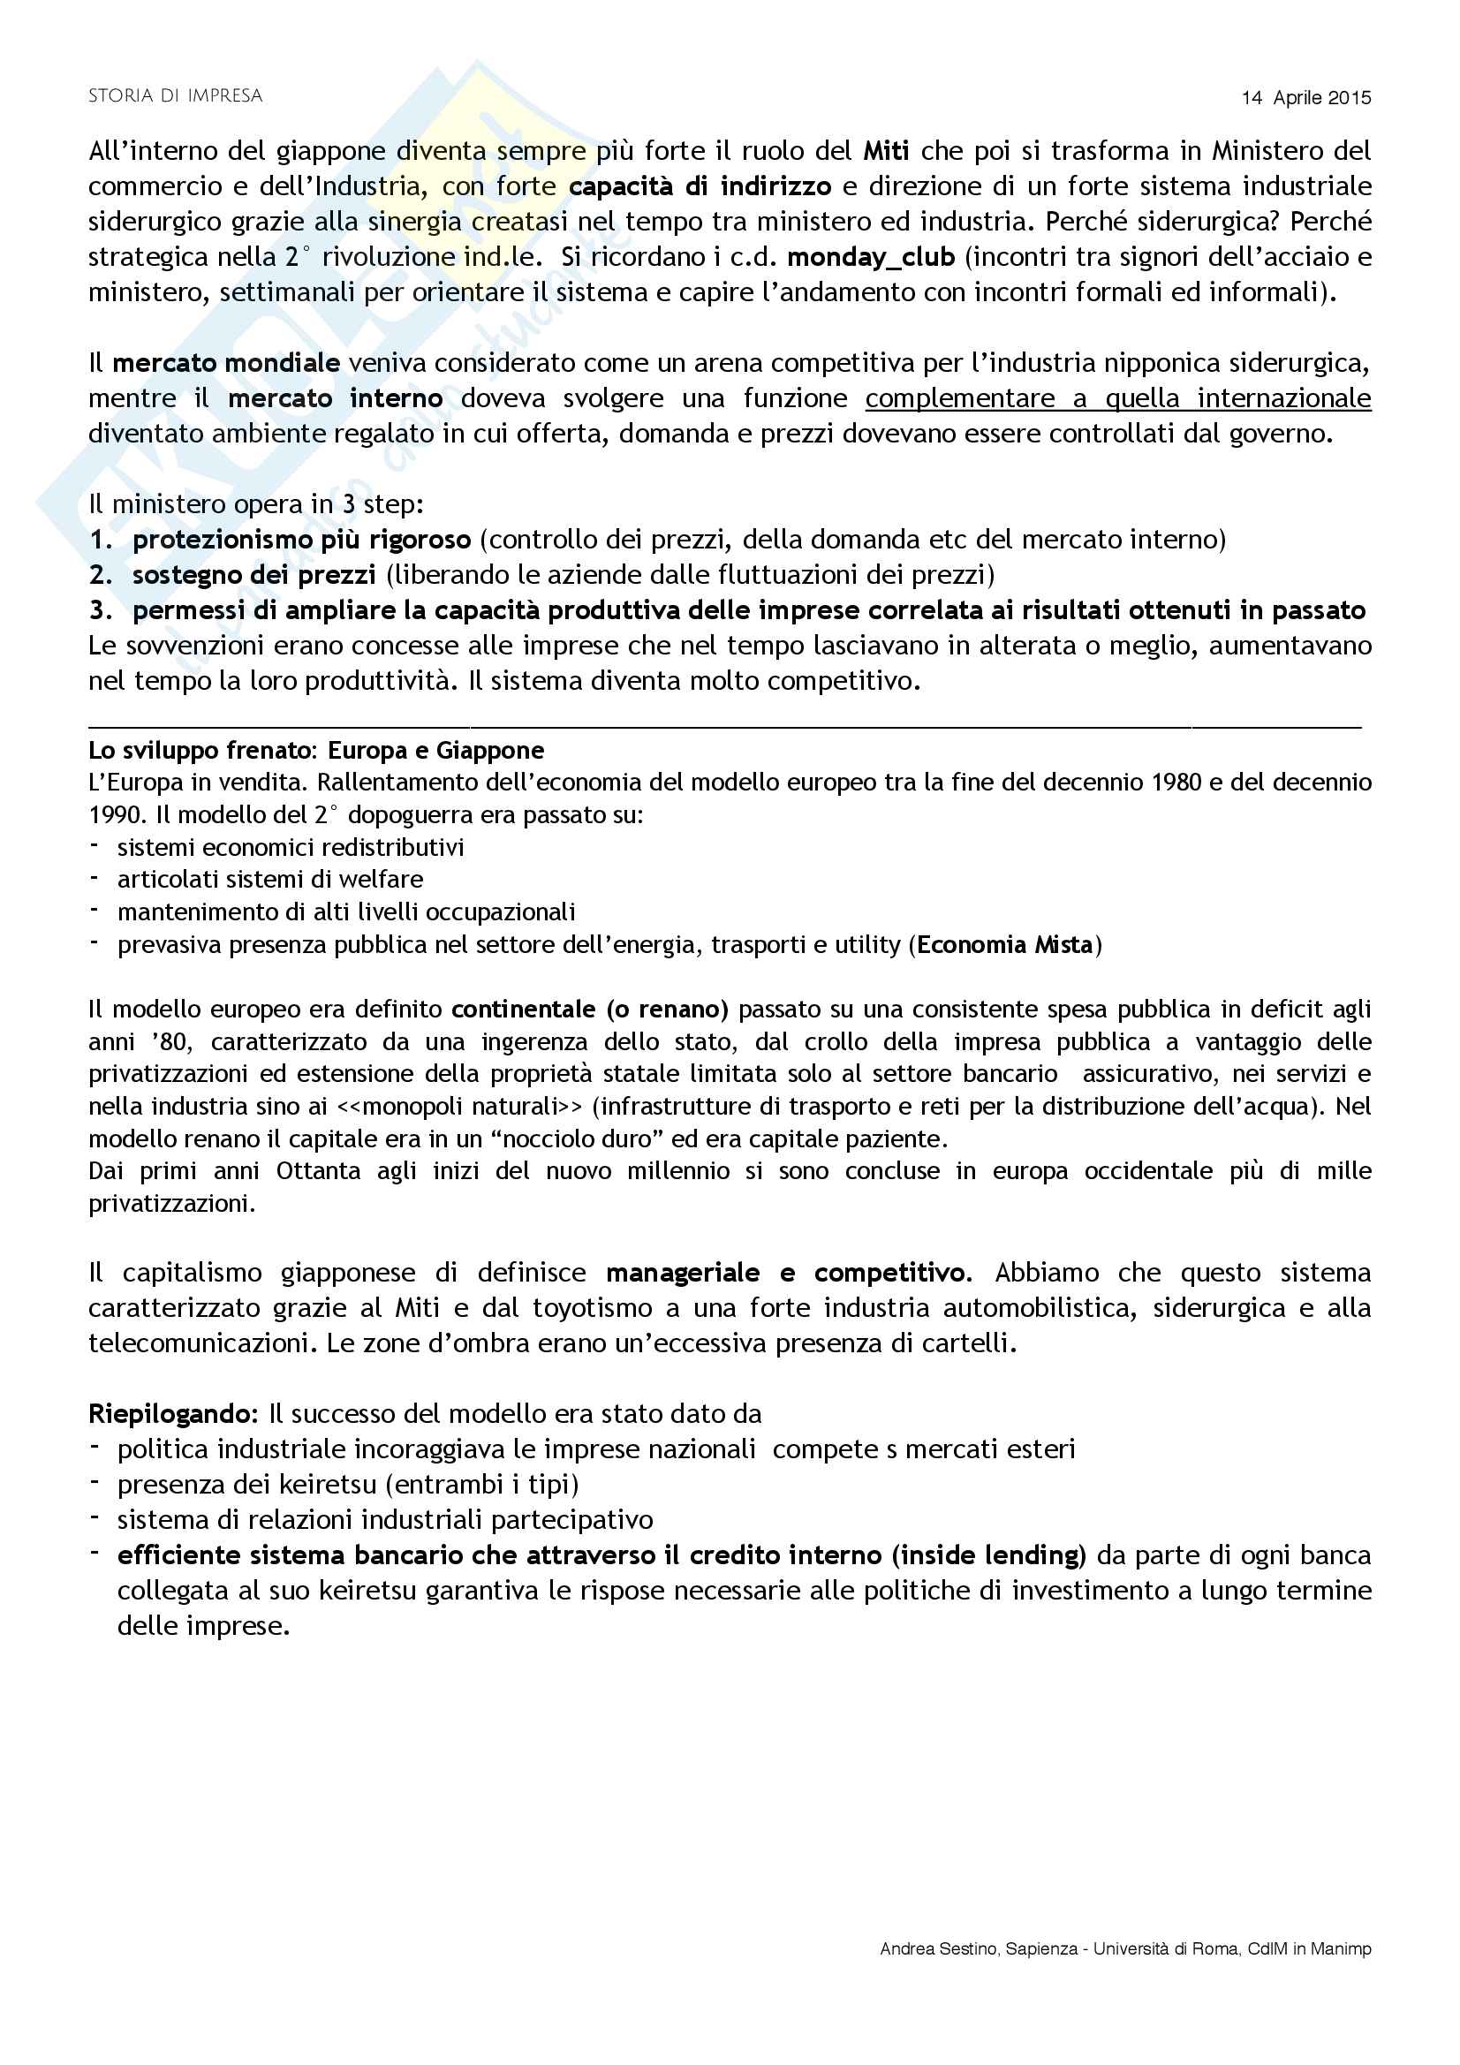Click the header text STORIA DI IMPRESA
coord(176,96)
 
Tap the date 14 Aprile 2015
coord(1306,98)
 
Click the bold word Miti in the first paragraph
coord(886,151)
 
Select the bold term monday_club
coord(871,257)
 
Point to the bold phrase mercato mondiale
coord(226,363)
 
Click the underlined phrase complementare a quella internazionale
coord(1118,398)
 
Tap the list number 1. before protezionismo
coord(101,540)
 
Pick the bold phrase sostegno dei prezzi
coord(254,575)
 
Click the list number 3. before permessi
coord(101,610)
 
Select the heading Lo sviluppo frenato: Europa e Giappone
coord(315,750)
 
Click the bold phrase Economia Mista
coord(1005,944)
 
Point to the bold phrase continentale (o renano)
coord(590,1010)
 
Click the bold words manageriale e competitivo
coord(789,1273)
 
